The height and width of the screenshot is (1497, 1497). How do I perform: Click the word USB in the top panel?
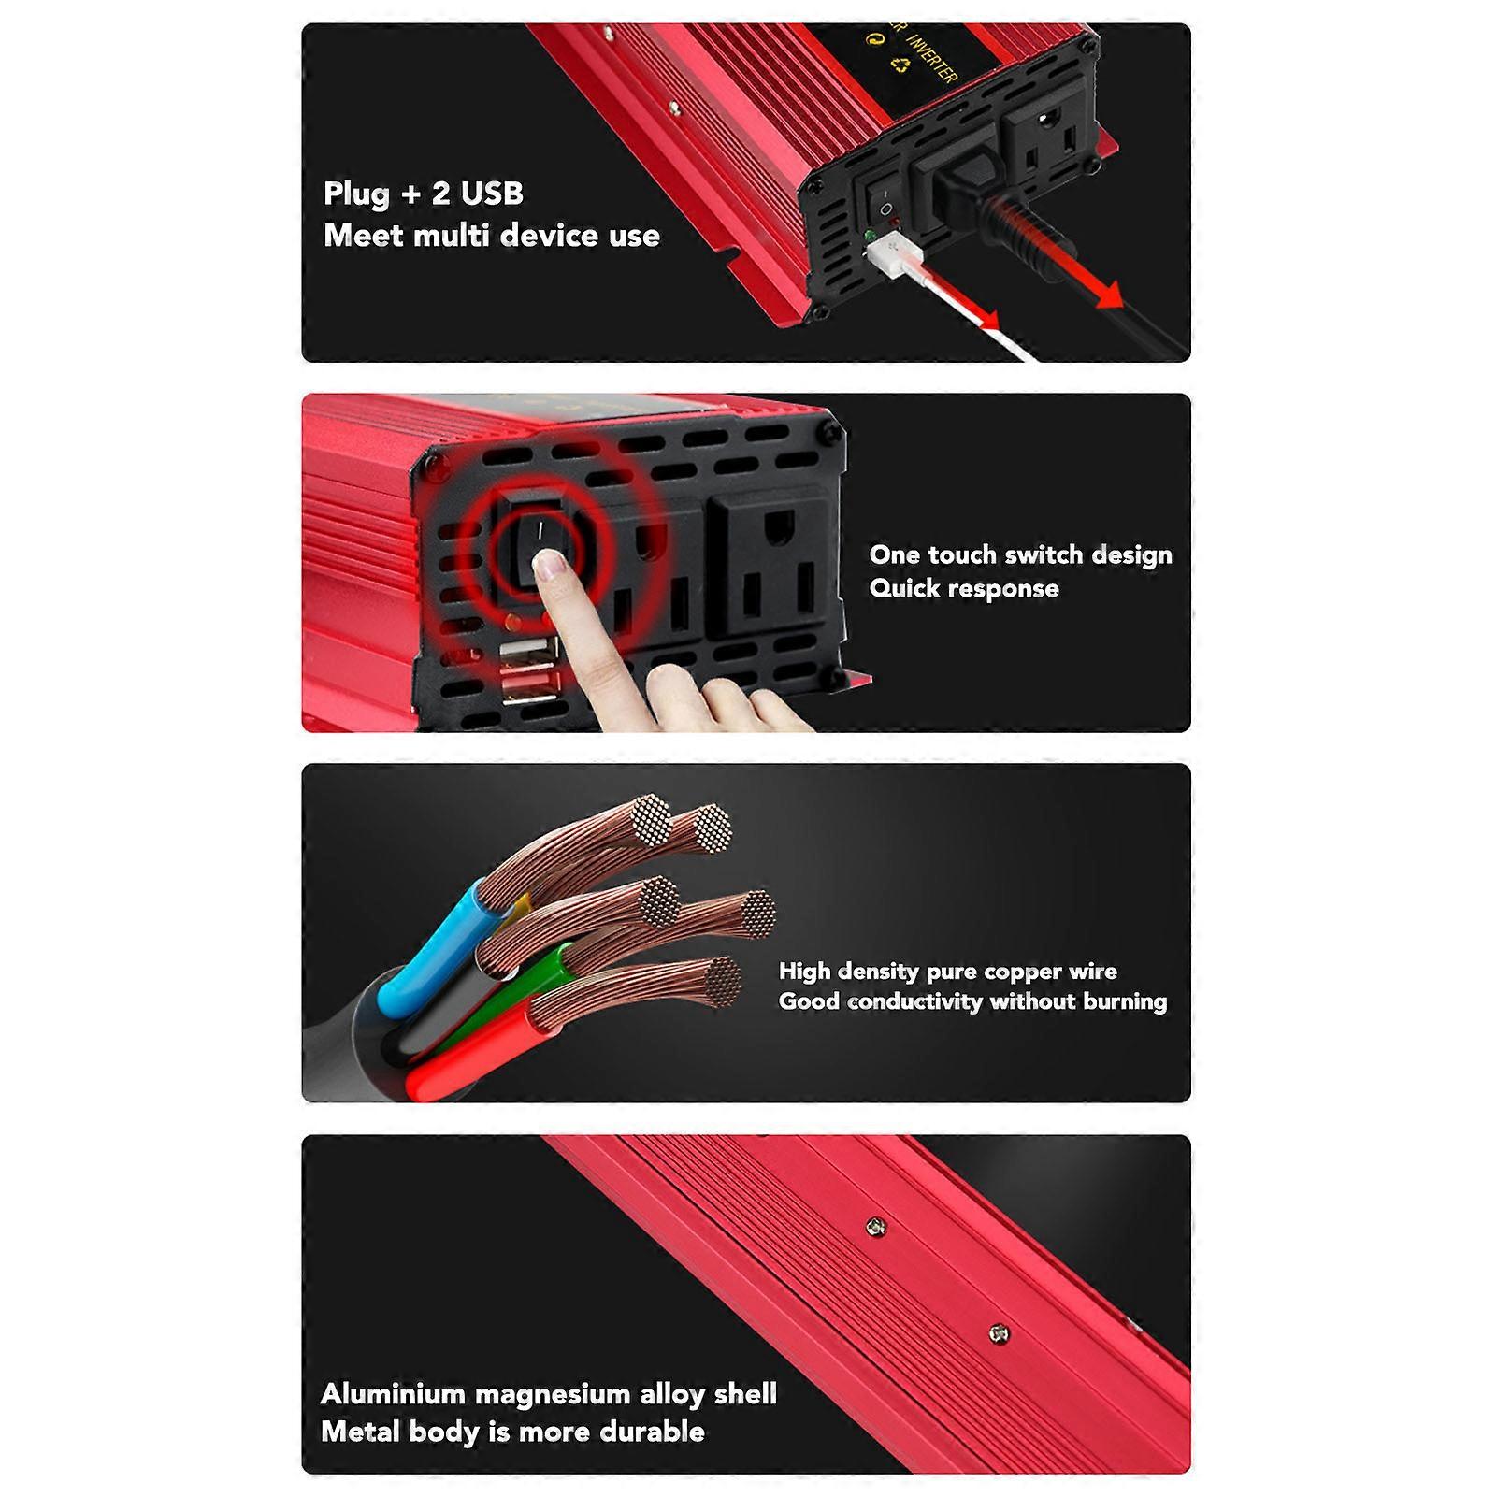pos(490,194)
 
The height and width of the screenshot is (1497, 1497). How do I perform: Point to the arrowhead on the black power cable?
pos(1107,295)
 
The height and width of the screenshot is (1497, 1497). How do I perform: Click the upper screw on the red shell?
pos(874,1226)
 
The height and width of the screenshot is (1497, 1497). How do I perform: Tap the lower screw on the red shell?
pos(998,1332)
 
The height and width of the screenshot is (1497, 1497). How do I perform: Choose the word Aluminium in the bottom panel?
pos(393,1394)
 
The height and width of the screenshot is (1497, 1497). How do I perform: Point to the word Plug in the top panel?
pos(356,194)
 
